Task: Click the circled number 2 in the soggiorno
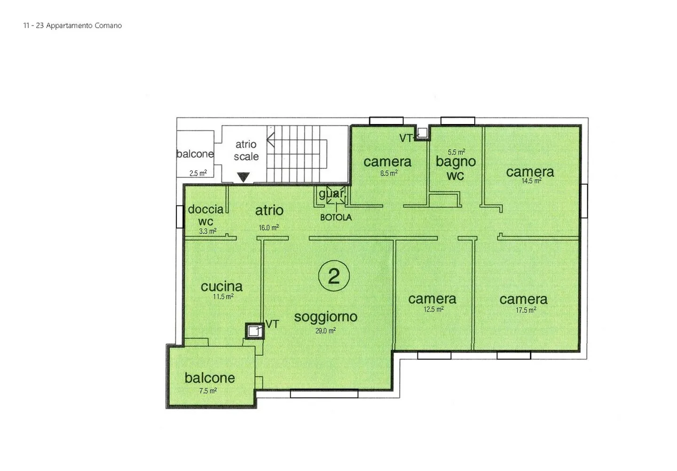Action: (334, 276)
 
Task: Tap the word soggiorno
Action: (325, 317)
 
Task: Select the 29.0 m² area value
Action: (325, 331)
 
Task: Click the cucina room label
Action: (221, 286)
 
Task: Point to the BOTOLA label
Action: (336, 218)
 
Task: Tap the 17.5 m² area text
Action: (526, 310)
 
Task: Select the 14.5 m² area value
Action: (531, 181)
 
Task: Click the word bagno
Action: (456, 162)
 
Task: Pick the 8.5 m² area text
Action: (389, 173)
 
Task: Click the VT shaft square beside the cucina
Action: (254, 331)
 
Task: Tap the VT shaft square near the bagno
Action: (422, 133)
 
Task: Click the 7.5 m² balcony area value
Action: (208, 391)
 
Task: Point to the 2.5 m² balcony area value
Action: (198, 173)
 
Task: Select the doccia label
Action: (205, 210)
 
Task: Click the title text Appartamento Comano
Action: (84, 26)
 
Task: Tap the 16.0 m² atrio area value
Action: (268, 228)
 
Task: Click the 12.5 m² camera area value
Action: (433, 310)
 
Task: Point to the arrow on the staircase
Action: (271, 140)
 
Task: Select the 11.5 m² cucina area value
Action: (223, 297)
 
